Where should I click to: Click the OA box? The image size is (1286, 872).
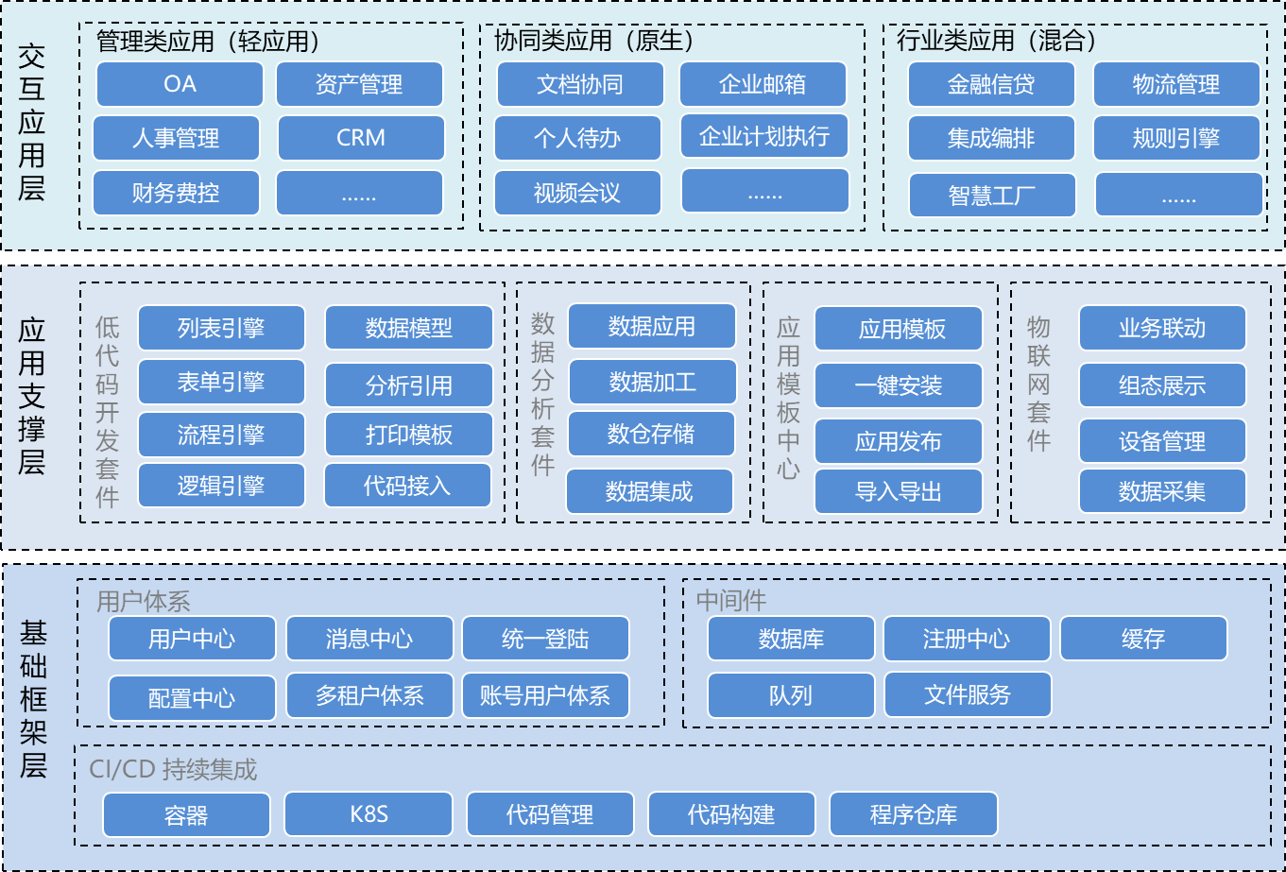click(180, 84)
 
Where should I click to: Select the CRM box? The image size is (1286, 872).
click(360, 138)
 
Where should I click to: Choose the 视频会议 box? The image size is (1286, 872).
click(576, 194)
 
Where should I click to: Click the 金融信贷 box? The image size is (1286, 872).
click(991, 84)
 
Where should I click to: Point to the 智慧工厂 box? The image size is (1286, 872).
click(992, 196)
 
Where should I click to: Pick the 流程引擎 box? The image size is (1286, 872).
click(221, 436)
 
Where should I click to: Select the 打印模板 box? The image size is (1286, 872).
click(408, 435)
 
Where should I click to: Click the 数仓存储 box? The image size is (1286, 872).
click(651, 434)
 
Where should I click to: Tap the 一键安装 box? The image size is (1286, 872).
click(898, 385)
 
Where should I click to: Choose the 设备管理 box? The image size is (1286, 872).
click(1162, 441)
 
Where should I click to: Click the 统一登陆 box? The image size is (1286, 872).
click(545, 639)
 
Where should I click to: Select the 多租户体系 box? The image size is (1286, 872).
click(369, 696)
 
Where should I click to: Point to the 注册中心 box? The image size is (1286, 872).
click(966, 639)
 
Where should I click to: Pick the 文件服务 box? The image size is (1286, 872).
click(968, 695)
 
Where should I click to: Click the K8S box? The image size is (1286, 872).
click(369, 813)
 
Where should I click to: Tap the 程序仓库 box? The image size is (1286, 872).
click(913, 814)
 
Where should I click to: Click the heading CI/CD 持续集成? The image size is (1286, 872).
click(173, 770)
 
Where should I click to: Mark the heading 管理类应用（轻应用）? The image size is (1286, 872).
click(209, 41)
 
